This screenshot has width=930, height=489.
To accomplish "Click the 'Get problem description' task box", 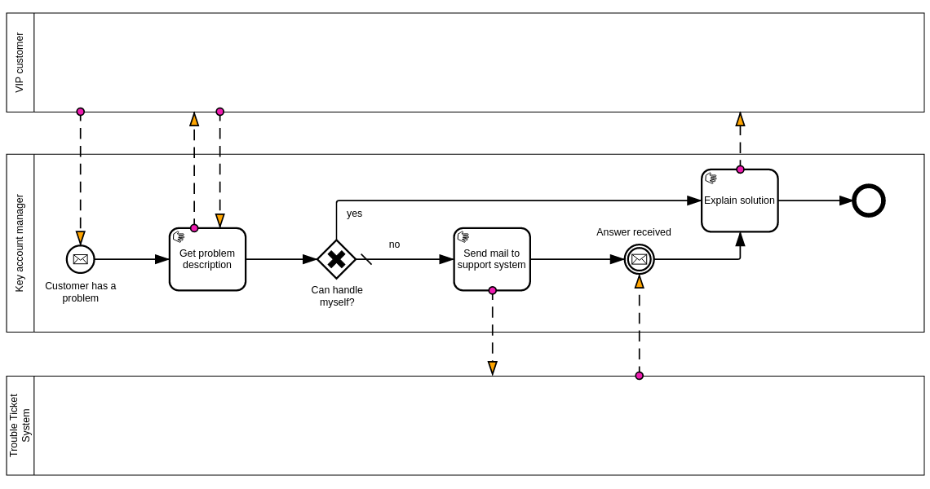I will point(207,259).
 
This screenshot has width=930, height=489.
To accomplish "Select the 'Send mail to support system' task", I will point(492,259).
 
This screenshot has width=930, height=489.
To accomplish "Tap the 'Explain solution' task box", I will point(739,200).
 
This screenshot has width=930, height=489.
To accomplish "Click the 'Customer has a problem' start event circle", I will point(81,259).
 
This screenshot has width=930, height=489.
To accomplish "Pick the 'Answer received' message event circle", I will point(640,259).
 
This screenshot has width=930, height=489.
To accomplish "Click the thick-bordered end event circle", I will point(869,200).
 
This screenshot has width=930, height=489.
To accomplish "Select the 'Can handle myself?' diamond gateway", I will point(336,259).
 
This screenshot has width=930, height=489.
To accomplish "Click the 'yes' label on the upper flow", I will point(354,214).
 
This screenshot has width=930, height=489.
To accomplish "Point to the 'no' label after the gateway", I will point(394,244).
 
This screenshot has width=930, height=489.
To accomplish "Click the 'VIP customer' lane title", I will point(20,63).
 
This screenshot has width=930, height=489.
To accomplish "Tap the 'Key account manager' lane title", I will point(20,243).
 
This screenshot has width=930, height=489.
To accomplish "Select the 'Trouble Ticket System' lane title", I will point(20,425).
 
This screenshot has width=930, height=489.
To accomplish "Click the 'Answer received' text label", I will point(634,232).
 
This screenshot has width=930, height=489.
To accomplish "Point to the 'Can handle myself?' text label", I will point(337,296).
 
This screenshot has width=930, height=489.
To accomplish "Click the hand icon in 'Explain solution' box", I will point(711,178).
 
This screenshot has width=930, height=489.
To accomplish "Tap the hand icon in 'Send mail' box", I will point(463,237).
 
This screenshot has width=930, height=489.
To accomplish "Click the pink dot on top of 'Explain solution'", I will point(741,170).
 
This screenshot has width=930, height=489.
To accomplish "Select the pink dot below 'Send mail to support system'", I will point(493,290).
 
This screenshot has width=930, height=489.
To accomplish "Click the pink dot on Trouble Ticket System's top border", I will point(640,376).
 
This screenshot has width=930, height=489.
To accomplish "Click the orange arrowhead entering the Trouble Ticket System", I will point(493,368).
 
